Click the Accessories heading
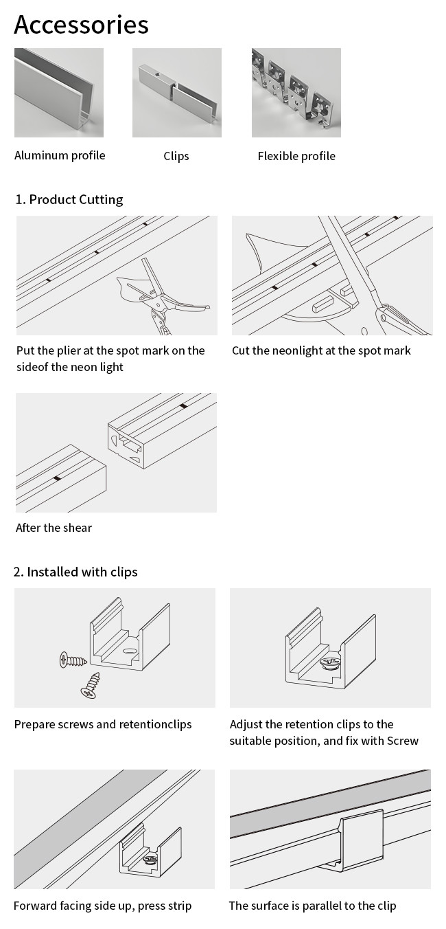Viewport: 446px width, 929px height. click(81, 25)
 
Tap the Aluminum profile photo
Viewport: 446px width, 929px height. click(59, 93)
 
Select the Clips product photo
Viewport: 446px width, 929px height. click(176, 93)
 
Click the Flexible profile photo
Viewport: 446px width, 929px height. click(296, 93)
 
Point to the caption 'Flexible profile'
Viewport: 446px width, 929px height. click(296, 156)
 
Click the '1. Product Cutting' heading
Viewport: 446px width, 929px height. click(69, 200)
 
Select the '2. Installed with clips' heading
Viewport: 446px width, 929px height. click(75, 572)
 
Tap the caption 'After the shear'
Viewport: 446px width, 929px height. click(54, 528)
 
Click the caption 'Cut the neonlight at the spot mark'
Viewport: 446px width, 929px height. click(321, 350)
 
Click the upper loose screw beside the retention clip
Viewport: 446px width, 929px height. click(73, 661)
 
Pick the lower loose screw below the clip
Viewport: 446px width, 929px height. click(91, 686)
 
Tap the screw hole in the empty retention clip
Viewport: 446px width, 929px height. click(128, 650)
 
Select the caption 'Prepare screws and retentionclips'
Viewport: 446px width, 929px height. click(103, 724)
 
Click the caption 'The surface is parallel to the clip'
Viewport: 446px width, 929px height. click(312, 906)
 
